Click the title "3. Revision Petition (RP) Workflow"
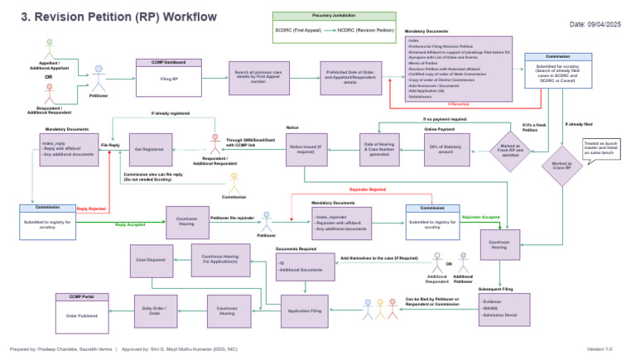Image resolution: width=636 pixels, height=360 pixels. click(113, 17)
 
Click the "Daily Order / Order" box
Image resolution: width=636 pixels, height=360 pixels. click(156, 311)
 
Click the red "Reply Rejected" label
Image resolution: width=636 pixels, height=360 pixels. click(91, 209)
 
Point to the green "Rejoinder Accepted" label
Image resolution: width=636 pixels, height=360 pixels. click(481, 217)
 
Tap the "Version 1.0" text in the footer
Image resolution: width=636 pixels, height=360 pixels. click(599, 349)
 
